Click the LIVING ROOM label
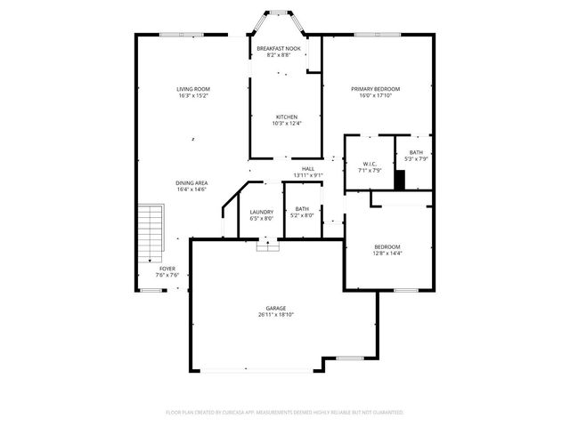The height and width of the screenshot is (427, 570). pos(192,89)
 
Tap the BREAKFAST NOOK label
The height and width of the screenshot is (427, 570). pos(278,48)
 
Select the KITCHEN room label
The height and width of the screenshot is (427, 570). pos(286,117)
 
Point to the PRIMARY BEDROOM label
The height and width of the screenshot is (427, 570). pos(375,89)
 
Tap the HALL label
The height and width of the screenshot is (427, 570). pos(307,168)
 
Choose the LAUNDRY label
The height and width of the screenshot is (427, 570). pos(262,212)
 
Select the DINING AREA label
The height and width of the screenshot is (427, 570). pos(191,182)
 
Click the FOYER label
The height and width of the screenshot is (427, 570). pos(167,268)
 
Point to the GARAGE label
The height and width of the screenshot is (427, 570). pos(276,308)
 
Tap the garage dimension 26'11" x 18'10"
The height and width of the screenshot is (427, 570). pos(276,315)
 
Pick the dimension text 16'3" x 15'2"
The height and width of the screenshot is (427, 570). pos(192,96)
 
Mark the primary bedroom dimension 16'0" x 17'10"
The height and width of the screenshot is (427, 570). pos(375,96)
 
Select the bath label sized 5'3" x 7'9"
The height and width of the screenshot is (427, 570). pos(416,156)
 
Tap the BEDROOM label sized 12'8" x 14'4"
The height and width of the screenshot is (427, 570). pos(387,250)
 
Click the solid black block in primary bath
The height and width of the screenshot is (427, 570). pos(400,179)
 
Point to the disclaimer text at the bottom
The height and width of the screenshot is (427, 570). pos(285,413)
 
